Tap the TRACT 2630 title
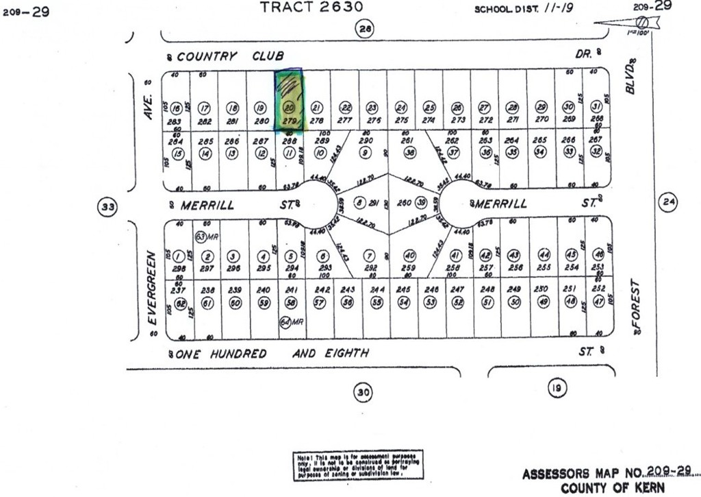click(311, 8)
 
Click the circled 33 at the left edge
click(105, 206)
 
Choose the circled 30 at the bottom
click(363, 392)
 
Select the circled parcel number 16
click(177, 108)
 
